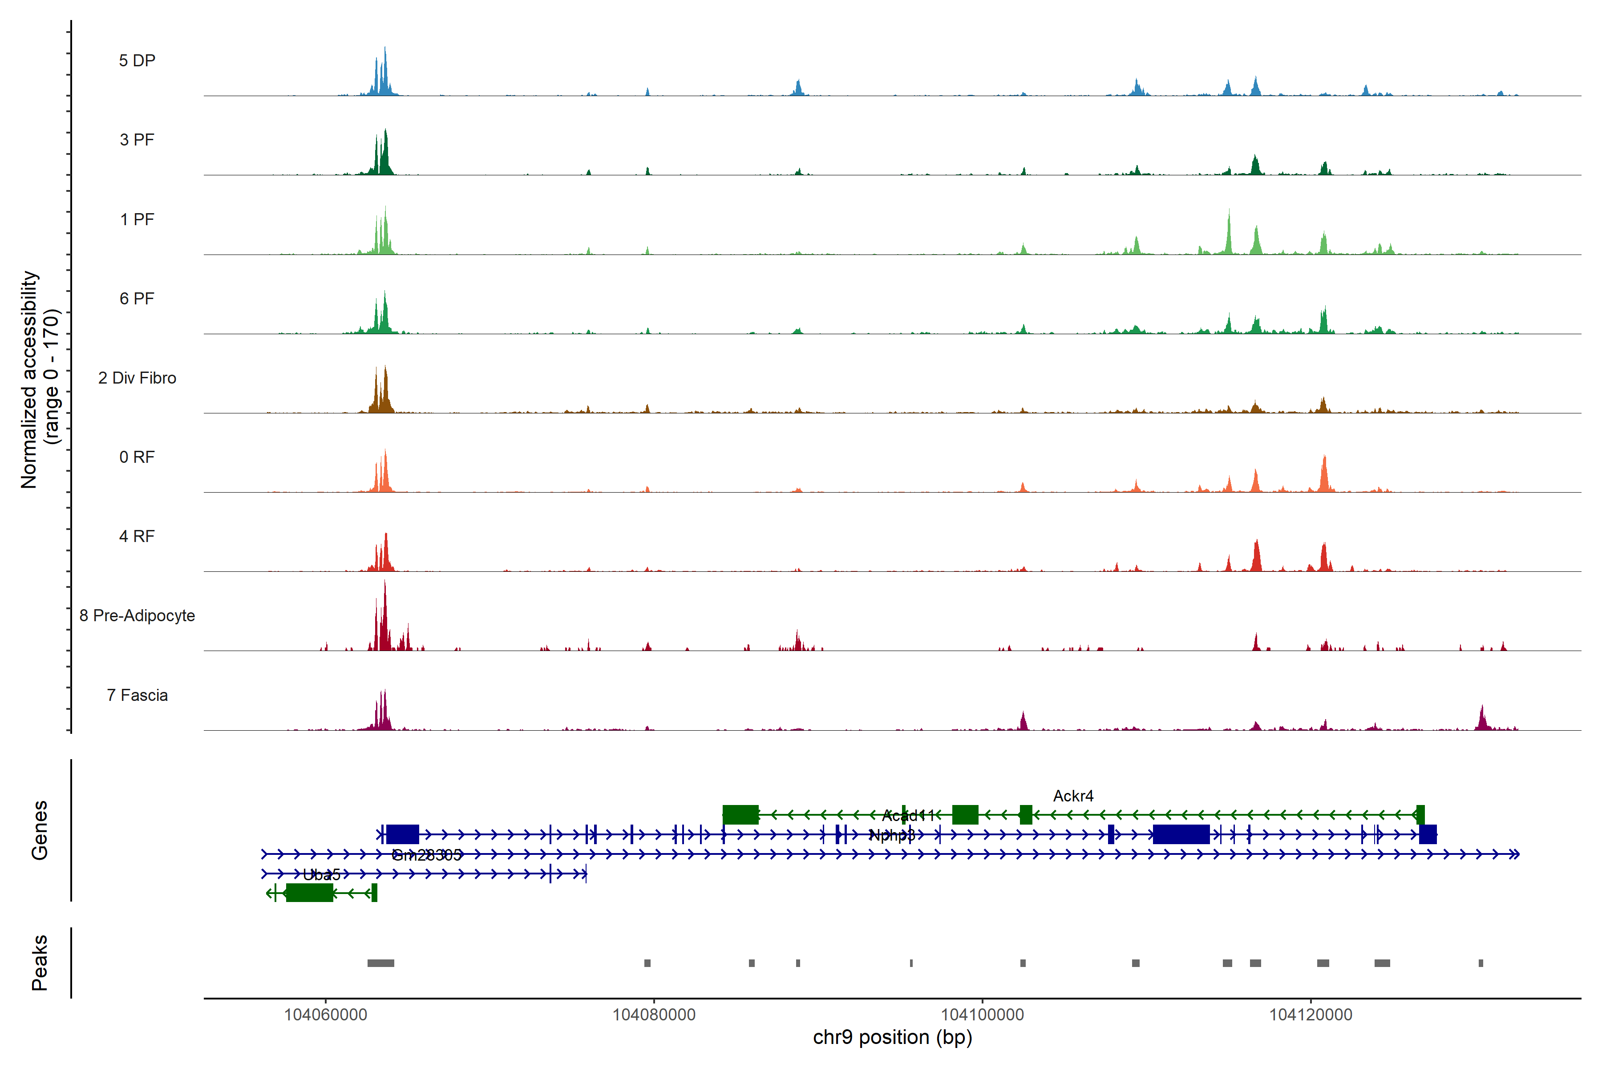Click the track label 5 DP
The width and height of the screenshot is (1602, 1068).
point(137,61)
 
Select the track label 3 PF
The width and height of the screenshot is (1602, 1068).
point(137,140)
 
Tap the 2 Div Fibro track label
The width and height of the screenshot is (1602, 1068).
point(137,378)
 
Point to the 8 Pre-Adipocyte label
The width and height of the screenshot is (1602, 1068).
point(137,616)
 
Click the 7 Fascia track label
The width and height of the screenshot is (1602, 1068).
point(137,696)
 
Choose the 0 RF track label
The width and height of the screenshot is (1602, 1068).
point(137,457)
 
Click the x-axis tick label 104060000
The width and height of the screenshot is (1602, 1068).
point(326,1015)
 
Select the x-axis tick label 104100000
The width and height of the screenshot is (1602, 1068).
point(982,1015)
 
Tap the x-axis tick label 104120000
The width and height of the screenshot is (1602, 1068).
point(1311,1015)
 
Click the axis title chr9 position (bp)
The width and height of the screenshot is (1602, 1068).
point(892,1037)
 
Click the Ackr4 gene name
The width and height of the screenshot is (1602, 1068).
point(1073,796)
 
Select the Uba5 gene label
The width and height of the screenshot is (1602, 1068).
point(321,874)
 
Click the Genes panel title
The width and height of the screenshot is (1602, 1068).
point(40,830)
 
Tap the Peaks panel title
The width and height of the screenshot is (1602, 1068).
point(40,963)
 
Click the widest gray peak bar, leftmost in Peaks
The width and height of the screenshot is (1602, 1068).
point(381,963)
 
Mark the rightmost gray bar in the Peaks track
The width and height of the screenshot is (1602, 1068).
point(1481,963)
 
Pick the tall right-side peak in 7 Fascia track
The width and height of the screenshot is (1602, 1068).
point(1482,716)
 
